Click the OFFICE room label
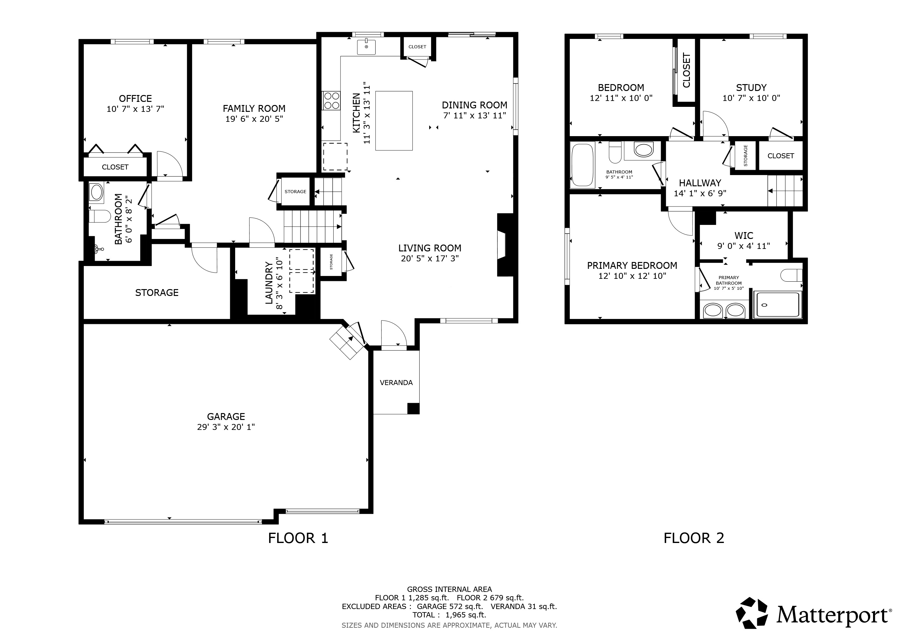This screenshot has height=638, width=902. coord(135,99)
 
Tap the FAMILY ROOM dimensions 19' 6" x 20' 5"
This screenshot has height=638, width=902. coord(254,119)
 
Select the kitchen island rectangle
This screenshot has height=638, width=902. coord(394,121)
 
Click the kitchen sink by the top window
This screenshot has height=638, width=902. coord(366,47)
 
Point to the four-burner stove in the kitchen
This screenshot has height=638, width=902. coord(331,101)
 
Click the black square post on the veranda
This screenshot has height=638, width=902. coord(413,409)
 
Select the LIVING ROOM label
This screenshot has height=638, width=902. coord(430,248)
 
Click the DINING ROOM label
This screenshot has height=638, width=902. coord(475,105)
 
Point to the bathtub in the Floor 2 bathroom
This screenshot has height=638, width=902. coord(582,165)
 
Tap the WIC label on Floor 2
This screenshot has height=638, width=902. coord(744,236)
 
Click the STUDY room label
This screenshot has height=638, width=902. coord(751,88)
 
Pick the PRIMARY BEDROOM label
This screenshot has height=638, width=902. coord(632,265)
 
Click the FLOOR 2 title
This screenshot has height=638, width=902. coord(694,538)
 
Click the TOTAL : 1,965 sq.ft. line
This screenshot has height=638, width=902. coord(449,615)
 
